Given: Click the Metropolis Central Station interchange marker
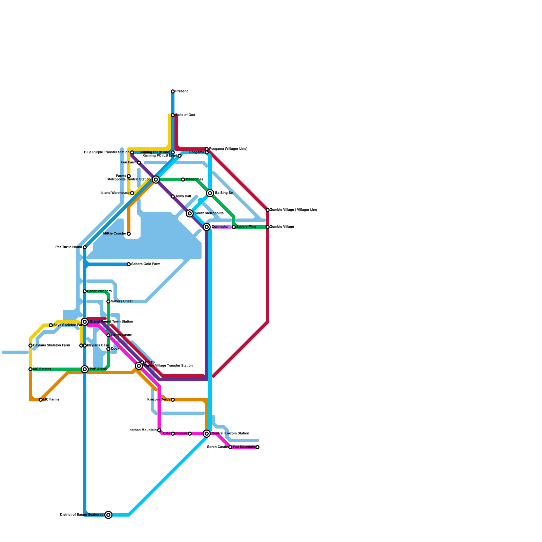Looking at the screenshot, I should pos(156,180).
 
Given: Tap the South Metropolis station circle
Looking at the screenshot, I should pos(190,213).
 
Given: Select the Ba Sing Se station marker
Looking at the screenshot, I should pos(210,193).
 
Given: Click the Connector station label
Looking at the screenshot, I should pos(220,227).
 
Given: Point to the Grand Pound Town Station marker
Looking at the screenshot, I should pos(85,322).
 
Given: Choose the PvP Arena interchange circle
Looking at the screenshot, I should pos(85,369).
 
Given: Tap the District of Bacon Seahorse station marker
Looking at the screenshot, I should pos(108,515).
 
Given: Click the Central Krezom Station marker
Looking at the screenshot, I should pos(207,434).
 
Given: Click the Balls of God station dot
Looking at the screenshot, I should pos(173,115).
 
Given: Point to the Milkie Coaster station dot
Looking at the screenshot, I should pos(129,234).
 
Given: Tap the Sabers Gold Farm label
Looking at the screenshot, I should pos(146,264).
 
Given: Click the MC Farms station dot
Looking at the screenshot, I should pos(41,400).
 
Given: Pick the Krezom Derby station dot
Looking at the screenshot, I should pos(173,400).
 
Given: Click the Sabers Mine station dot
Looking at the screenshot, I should pos(234,227).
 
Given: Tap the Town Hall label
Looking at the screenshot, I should pos(183,196).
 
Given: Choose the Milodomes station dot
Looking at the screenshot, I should pos(183,180).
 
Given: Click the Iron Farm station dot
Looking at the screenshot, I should pos(139,163).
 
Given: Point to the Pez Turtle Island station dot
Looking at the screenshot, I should pos(85,247).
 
